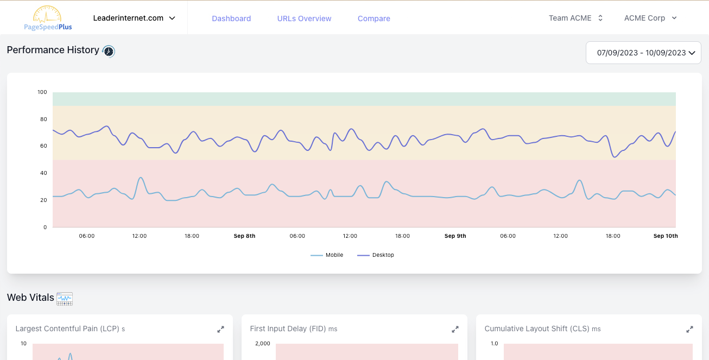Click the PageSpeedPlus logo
click(48, 18)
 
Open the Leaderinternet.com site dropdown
click(134, 18)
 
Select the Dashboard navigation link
click(231, 18)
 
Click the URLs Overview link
click(304, 18)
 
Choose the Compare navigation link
click(374, 18)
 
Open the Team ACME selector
click(575, 18)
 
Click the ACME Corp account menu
click(650, 18)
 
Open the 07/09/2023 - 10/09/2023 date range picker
click(643, 53)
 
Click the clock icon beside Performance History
click(109, 51)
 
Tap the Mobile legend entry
click(327, 255)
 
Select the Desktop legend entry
click(376, 255)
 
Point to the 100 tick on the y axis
click(42, 92)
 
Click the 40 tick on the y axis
click(43, 173)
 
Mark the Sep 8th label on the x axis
click(244, 236)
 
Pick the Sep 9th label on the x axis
click(455, 236)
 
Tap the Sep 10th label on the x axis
click(666, 236)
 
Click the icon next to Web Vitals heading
click(65, 298)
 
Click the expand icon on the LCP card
click(220, 329)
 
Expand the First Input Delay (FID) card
click(455, 329)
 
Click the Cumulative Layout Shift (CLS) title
click(537, 329)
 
